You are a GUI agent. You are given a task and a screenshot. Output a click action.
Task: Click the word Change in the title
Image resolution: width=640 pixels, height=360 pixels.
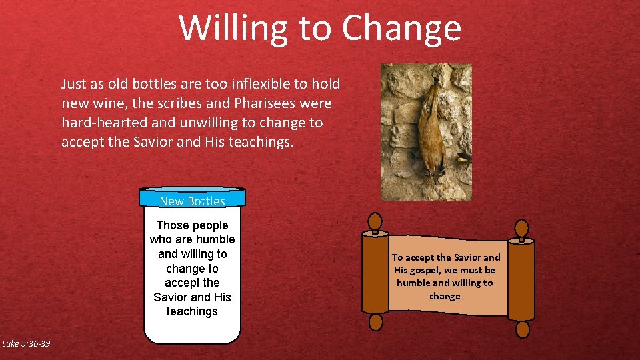tap(401, 28)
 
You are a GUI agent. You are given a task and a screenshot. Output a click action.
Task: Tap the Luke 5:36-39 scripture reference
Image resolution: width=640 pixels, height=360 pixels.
tap(26, 343)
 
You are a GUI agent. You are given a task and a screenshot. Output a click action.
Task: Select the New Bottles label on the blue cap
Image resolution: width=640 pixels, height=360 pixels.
tap(192, 201)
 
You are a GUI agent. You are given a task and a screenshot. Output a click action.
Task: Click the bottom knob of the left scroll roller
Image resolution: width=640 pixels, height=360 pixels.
tap(376, 323)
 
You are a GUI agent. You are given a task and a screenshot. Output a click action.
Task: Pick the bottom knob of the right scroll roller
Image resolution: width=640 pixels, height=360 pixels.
tap(523, 329)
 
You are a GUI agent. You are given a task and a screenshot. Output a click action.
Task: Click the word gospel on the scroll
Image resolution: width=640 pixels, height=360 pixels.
tap(425, 270)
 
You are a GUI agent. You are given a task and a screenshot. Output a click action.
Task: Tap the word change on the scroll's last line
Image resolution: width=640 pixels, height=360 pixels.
tap(445, 295)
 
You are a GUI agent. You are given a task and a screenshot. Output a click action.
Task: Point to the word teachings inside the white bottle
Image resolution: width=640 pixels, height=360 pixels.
tap(192, 311)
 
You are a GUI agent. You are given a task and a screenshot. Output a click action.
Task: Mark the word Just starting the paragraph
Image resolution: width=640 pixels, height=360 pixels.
tap(75, 84)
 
